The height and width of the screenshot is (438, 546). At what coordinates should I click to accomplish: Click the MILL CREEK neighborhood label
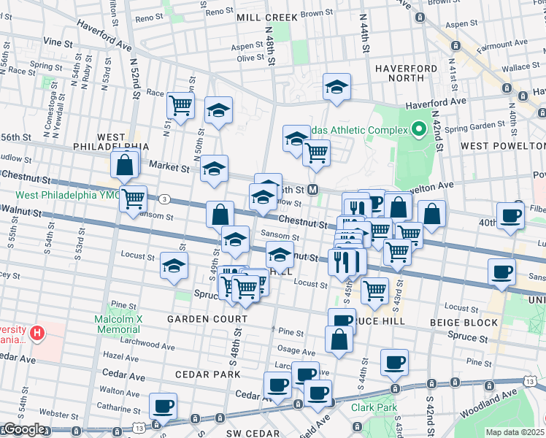point(267,17)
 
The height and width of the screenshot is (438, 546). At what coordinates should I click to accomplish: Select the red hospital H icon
point(36,334)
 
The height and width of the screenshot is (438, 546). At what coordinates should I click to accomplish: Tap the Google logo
point(24,429)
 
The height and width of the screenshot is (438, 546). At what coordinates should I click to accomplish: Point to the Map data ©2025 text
point(515,432)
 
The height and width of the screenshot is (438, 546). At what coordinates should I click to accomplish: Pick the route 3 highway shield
point(166,199)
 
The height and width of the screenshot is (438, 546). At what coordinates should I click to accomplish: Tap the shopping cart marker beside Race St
point(180,104)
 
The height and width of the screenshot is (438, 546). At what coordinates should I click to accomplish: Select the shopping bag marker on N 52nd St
point(125,166)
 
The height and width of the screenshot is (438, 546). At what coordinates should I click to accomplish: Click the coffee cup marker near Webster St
point(163,406)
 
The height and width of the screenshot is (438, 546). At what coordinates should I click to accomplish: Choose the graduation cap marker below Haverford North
point(338,88)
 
